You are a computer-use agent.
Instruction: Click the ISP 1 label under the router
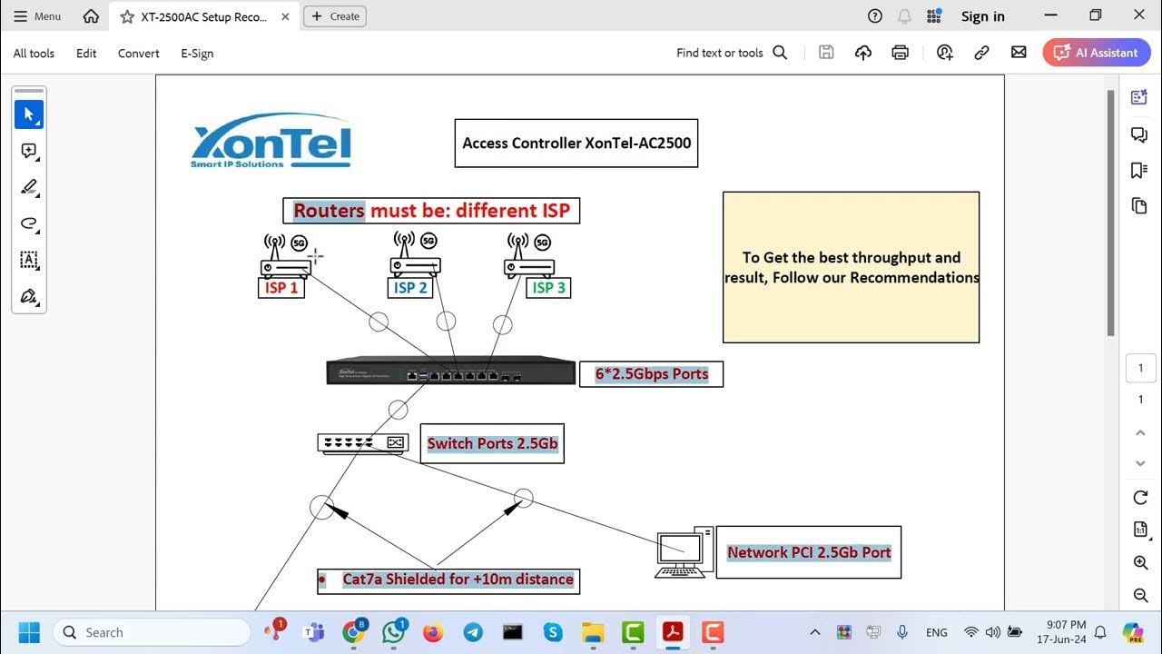pos(281,288)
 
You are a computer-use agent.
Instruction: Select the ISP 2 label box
pos(410,288)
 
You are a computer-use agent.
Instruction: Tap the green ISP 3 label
pos(548,288)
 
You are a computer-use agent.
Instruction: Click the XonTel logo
pos(271,142)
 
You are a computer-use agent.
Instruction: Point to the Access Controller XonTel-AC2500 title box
pos(576,144)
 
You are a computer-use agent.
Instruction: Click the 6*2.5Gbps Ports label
pos(651,374)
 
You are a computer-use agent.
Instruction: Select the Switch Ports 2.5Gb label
pos(492,443)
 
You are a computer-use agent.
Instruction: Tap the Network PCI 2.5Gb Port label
pos(808,552)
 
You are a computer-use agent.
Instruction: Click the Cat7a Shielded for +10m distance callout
pos(448,580)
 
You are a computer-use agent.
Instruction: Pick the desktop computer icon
pos(684,552)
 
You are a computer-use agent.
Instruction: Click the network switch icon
pos(361,443)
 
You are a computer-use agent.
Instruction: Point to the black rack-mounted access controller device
pos(450,372)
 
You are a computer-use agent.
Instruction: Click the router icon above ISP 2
pos(416,256)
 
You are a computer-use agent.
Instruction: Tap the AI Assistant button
pos(1097,53)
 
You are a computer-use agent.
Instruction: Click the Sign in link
pos(982,16)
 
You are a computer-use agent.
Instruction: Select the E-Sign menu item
pos(197,54)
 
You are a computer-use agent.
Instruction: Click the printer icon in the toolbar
pos(900,53)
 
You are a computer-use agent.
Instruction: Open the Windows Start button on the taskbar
pos(28,632)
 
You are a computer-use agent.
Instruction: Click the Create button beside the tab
pos(335,16)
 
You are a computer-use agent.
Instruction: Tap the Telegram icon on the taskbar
pos(472,632)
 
